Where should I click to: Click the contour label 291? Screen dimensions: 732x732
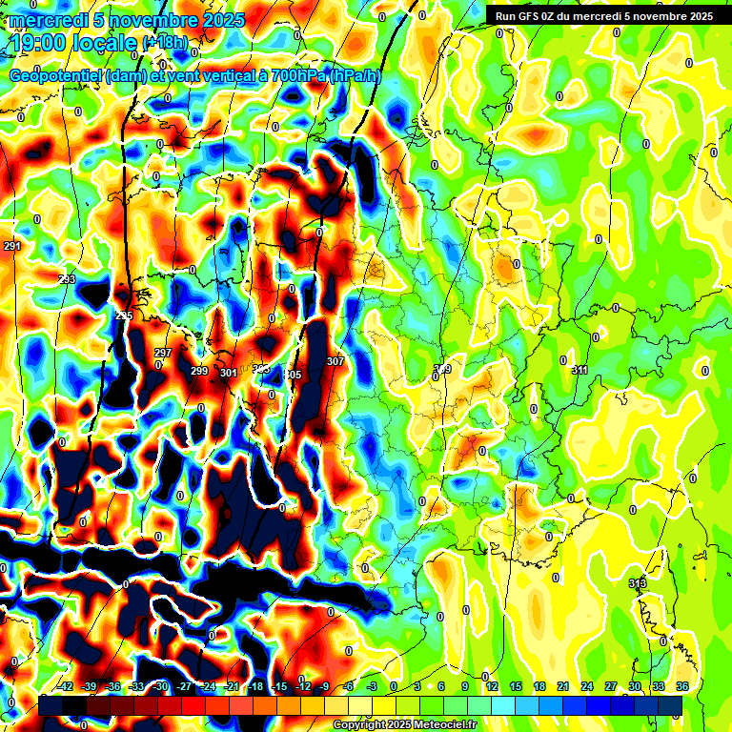click(x=11, y=246)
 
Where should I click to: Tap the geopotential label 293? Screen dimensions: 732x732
click(x=67, y=279)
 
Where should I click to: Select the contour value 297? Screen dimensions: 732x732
click(x=163, y=353)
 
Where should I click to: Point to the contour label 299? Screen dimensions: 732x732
click(x=199, y=371)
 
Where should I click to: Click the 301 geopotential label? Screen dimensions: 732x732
click(x=228, y=373)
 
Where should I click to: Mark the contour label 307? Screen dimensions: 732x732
click(x=335, y=361)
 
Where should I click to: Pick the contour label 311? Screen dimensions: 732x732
click(x=579, y=370)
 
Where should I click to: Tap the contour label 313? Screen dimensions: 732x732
click(x=638, y=583)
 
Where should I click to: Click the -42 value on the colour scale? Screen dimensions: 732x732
click(x=66, y=686)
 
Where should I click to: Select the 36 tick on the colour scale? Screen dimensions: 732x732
click(x=682, y=686)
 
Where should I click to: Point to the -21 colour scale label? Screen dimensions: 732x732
click(x=232, y=686)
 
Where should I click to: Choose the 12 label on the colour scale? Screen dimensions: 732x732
click(x=492, y=686)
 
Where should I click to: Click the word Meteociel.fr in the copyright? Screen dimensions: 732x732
click(x=443, y=725)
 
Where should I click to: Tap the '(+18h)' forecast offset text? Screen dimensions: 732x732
click(x=166, y=43)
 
